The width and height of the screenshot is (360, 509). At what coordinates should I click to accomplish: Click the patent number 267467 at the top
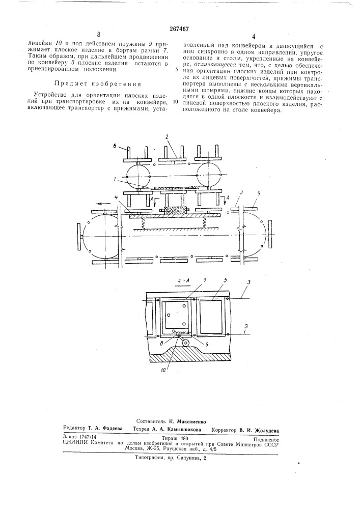pyautogui.click(x=179, y=29)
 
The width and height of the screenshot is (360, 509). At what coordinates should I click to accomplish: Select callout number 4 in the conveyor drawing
pyautogui.click(x=120, y=205)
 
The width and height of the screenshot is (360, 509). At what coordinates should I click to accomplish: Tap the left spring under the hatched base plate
pyautogui.click(x=142, y=222)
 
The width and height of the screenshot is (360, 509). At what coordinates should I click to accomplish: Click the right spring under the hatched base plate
pyautogui.click(x=204, y=222)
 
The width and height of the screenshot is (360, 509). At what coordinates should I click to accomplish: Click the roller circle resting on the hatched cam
pyautogui.click(x=185, y=343)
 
